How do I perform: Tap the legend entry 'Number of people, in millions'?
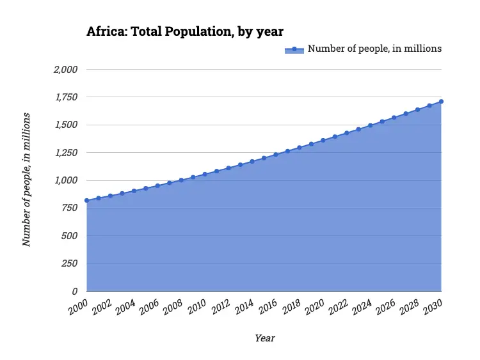[374, 49]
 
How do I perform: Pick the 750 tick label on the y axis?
[69, 208]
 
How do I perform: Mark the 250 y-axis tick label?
[69, 263]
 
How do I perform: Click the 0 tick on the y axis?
[75, 292]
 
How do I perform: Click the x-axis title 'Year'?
[264, 338]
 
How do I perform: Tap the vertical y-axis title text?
[26, 179]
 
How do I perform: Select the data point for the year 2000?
[86, 201]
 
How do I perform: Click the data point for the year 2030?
[442, 102]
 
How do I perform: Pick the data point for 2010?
[205, 174]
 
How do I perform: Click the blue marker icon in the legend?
[294, 49]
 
